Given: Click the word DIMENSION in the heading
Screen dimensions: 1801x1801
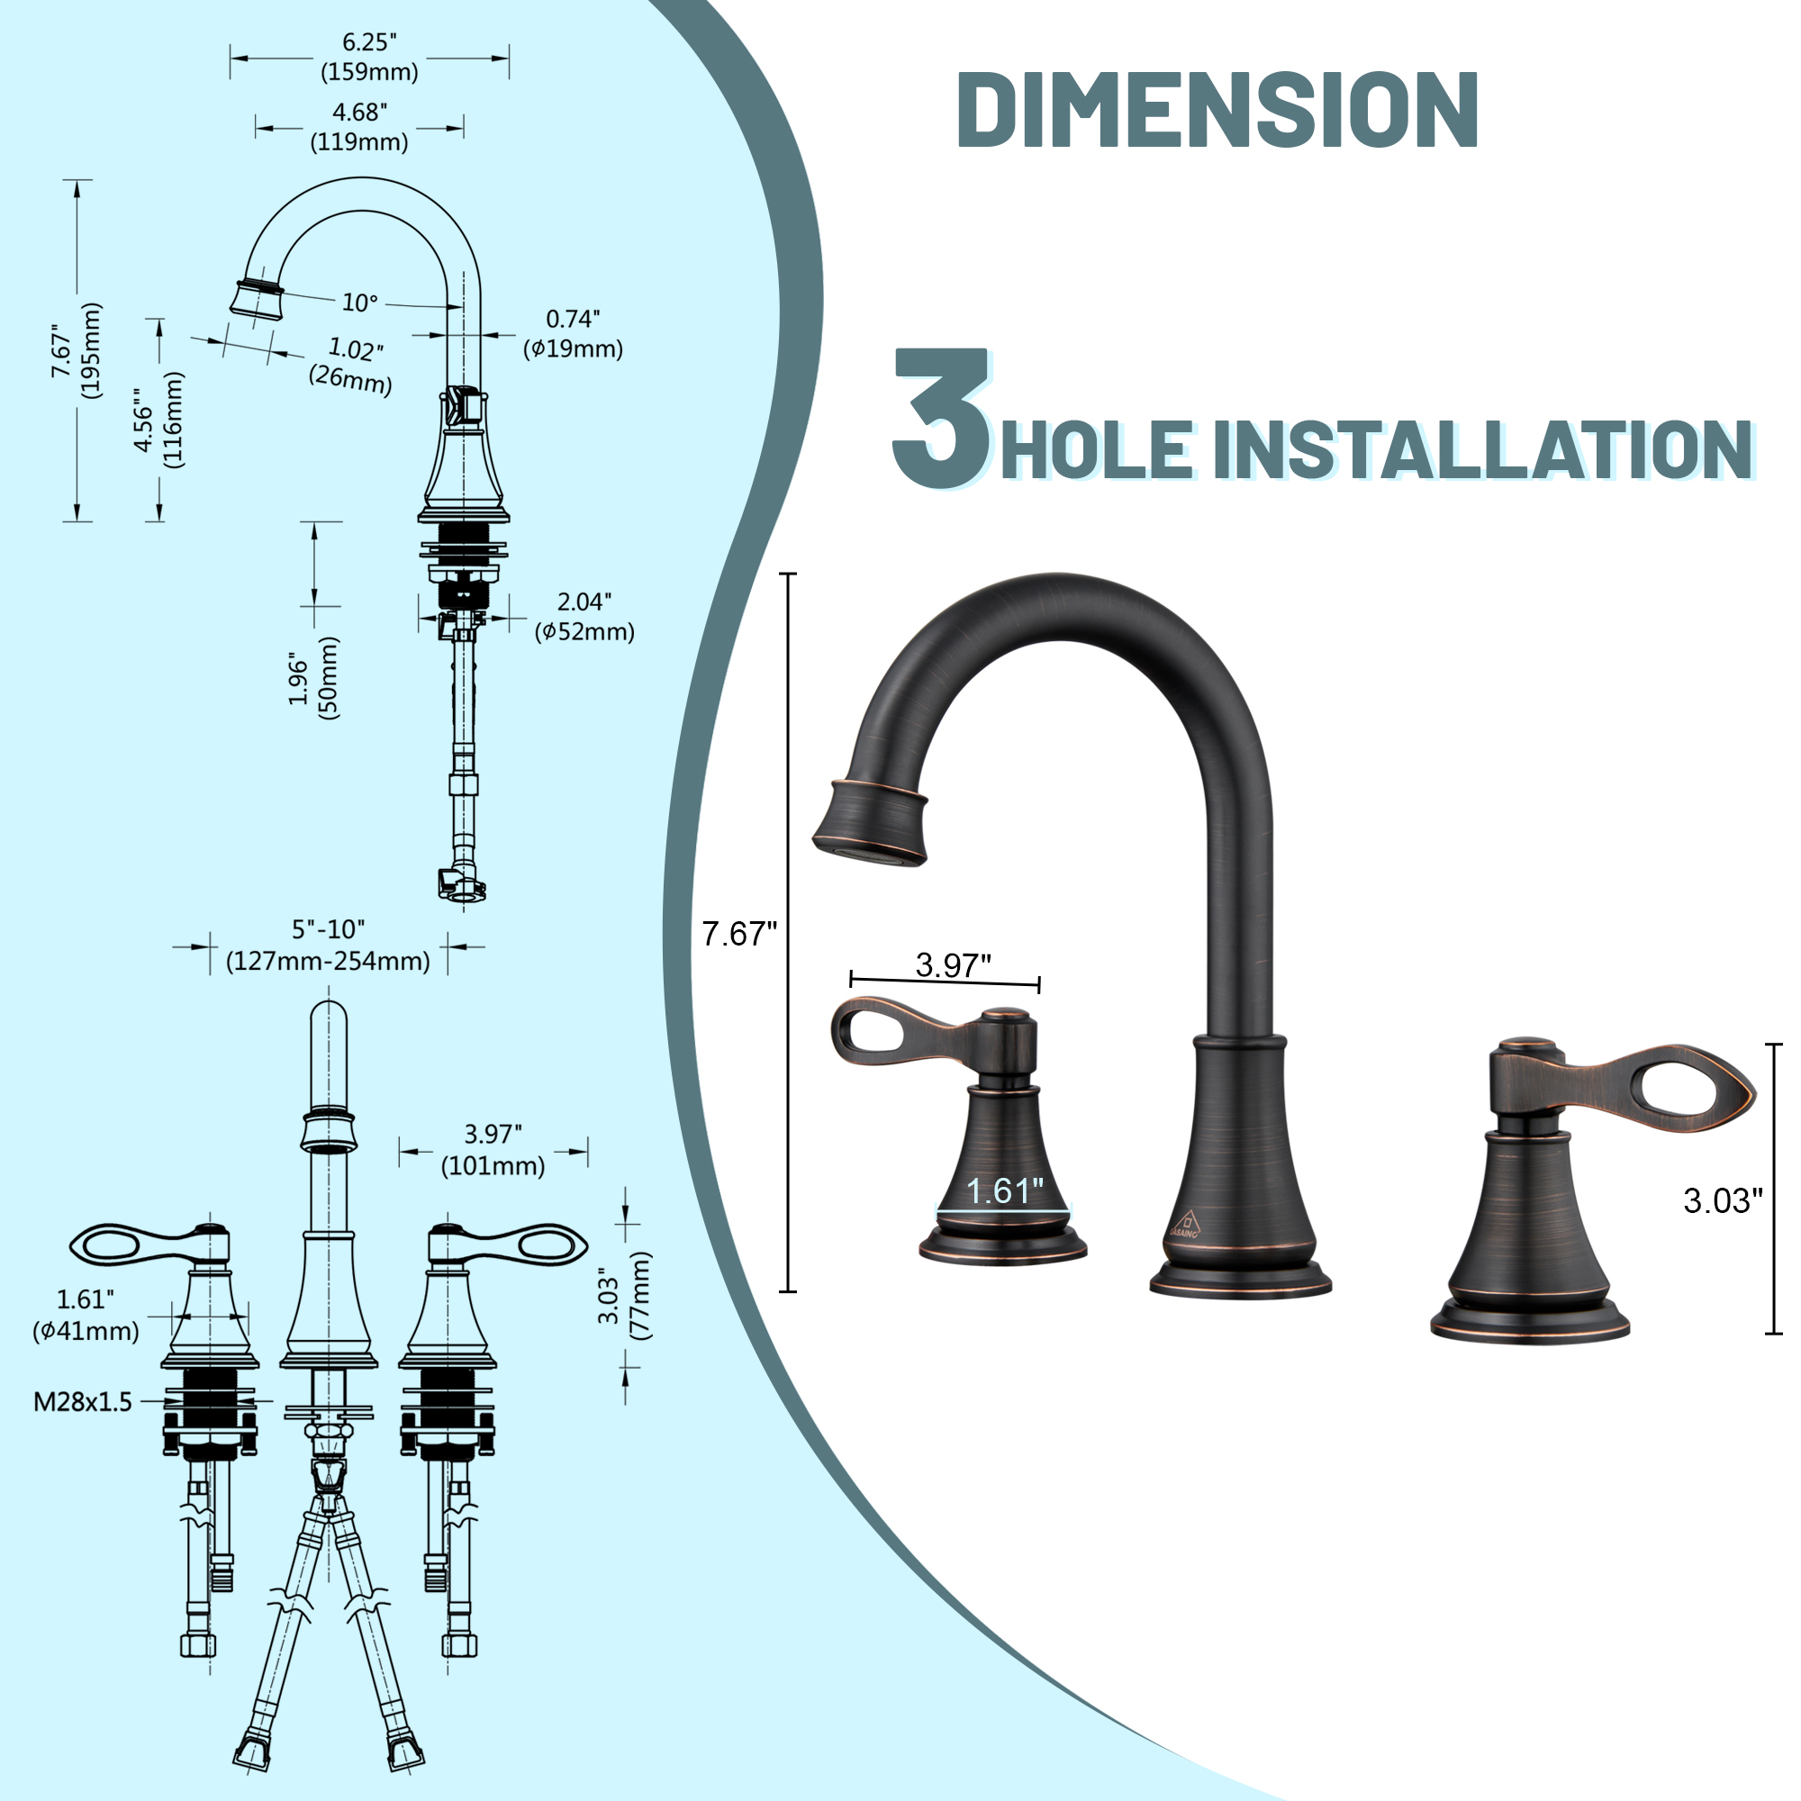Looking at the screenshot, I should (x=1217, y=109).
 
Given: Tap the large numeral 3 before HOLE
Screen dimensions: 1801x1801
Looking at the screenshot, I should (x=939, y=419).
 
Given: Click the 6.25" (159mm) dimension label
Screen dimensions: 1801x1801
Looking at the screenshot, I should (x=369, y=57).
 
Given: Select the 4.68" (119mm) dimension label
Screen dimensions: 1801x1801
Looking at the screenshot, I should (x=359, y=127).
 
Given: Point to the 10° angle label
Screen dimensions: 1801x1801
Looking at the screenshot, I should (x=360, y=302).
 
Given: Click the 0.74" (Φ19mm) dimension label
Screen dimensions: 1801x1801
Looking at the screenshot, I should (x=573, y=334).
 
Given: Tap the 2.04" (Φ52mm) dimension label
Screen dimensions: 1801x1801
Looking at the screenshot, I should (x=584, y=616).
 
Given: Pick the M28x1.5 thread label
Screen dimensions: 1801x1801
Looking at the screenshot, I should (x=83, y=1402).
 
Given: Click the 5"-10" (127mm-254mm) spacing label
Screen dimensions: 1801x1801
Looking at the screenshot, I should (x=328, y=946).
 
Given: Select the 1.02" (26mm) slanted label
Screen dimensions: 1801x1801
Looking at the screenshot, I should (x=351, y=365).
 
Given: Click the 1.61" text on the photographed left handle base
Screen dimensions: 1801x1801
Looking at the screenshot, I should (x=1005, y=1191).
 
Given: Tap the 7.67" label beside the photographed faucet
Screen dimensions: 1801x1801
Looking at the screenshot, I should (x=738, y=933).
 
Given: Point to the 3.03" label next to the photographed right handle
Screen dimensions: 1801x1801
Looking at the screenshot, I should (x=1723, y=1200).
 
